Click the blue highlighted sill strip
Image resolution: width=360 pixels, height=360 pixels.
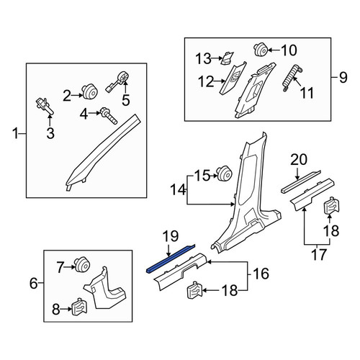tap(171, 259)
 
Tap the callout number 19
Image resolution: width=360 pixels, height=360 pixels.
tap(171, 236)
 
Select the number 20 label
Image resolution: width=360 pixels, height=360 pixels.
tap(299, 160)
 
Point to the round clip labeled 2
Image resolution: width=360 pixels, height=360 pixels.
tap(89, 91)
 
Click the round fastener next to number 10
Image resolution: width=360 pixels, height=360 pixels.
tap(261, 50)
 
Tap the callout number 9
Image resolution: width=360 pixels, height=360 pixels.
tap(343, 78)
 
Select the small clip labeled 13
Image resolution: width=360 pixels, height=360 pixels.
tap(227, 58)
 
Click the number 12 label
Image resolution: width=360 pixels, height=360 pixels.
tap(206, 81)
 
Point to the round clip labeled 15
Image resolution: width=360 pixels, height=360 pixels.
tap(224, 173)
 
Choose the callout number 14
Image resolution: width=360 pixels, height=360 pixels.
tap(178, 189)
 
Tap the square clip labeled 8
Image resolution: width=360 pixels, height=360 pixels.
tap(79, 307)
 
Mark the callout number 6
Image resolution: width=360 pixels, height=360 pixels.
tap(34, 284)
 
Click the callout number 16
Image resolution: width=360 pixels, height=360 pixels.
tap(261, 274)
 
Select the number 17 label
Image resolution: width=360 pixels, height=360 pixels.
tap(319, 255)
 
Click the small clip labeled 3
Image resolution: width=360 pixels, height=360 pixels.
tap(45, 106)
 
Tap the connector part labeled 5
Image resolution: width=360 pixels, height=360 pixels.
tap(119, 81)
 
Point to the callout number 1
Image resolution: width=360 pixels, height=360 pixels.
tap(16, 133)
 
